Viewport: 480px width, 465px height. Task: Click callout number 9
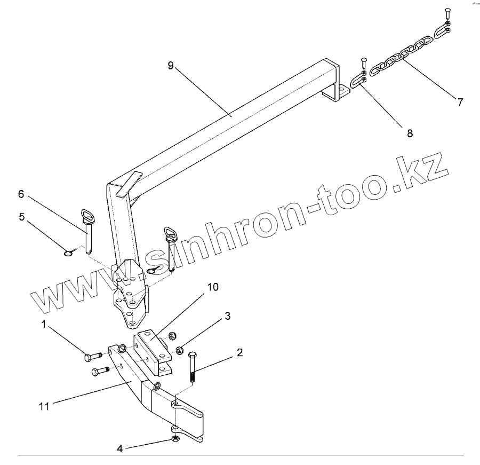[x=170, y=66]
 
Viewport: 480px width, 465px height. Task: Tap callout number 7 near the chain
[x=460, y=101]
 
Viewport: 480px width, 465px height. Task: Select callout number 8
[x=410, y=133]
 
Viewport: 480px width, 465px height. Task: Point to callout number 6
[x=21, y=194]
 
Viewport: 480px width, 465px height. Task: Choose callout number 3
[x=227, y=316]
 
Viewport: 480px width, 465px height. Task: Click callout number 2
[x=240, y=352]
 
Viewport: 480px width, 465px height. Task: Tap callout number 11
[x=44, y=406]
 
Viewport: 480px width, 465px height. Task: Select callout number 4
[x=120, y=449]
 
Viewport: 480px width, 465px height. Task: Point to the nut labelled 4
[x=175, y=439]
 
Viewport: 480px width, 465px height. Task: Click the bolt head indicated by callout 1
[x=89, y=357]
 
